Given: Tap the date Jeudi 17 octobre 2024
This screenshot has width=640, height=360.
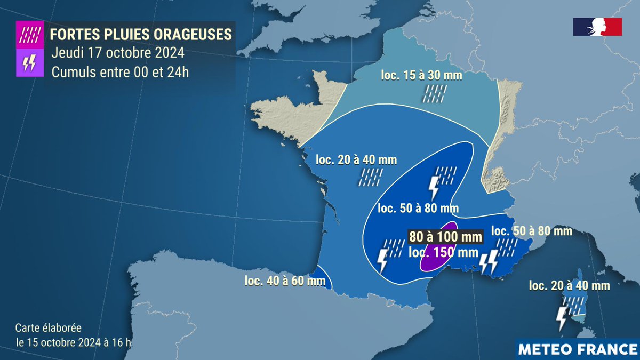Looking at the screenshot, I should point(118,53).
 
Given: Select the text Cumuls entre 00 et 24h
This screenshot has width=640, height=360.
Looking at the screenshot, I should point(120,72).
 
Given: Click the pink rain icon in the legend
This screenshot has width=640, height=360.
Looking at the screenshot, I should point(29,35).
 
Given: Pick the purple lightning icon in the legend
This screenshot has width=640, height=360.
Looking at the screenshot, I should point(29,63).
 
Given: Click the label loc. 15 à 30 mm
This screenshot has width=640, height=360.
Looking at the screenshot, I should point(421,75).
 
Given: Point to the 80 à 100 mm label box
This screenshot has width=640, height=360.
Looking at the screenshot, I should point(445,236).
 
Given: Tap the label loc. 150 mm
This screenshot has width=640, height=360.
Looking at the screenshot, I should point(443,253).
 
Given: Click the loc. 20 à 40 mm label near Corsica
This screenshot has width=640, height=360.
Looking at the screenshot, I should point(569,286).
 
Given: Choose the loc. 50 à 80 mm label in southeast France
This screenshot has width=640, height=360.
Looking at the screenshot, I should point(531,231).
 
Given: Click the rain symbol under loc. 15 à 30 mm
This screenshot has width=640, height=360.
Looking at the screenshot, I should point(435,93).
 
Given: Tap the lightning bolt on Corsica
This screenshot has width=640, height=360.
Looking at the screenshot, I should point(562,318).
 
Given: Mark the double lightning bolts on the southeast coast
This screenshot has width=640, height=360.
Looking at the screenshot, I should point(488,261).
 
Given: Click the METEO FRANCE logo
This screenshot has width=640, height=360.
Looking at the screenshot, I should point(578,349).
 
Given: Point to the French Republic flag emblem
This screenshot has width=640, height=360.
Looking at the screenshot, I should point(597,27).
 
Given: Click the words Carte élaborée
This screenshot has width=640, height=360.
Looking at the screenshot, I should point(49,328).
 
